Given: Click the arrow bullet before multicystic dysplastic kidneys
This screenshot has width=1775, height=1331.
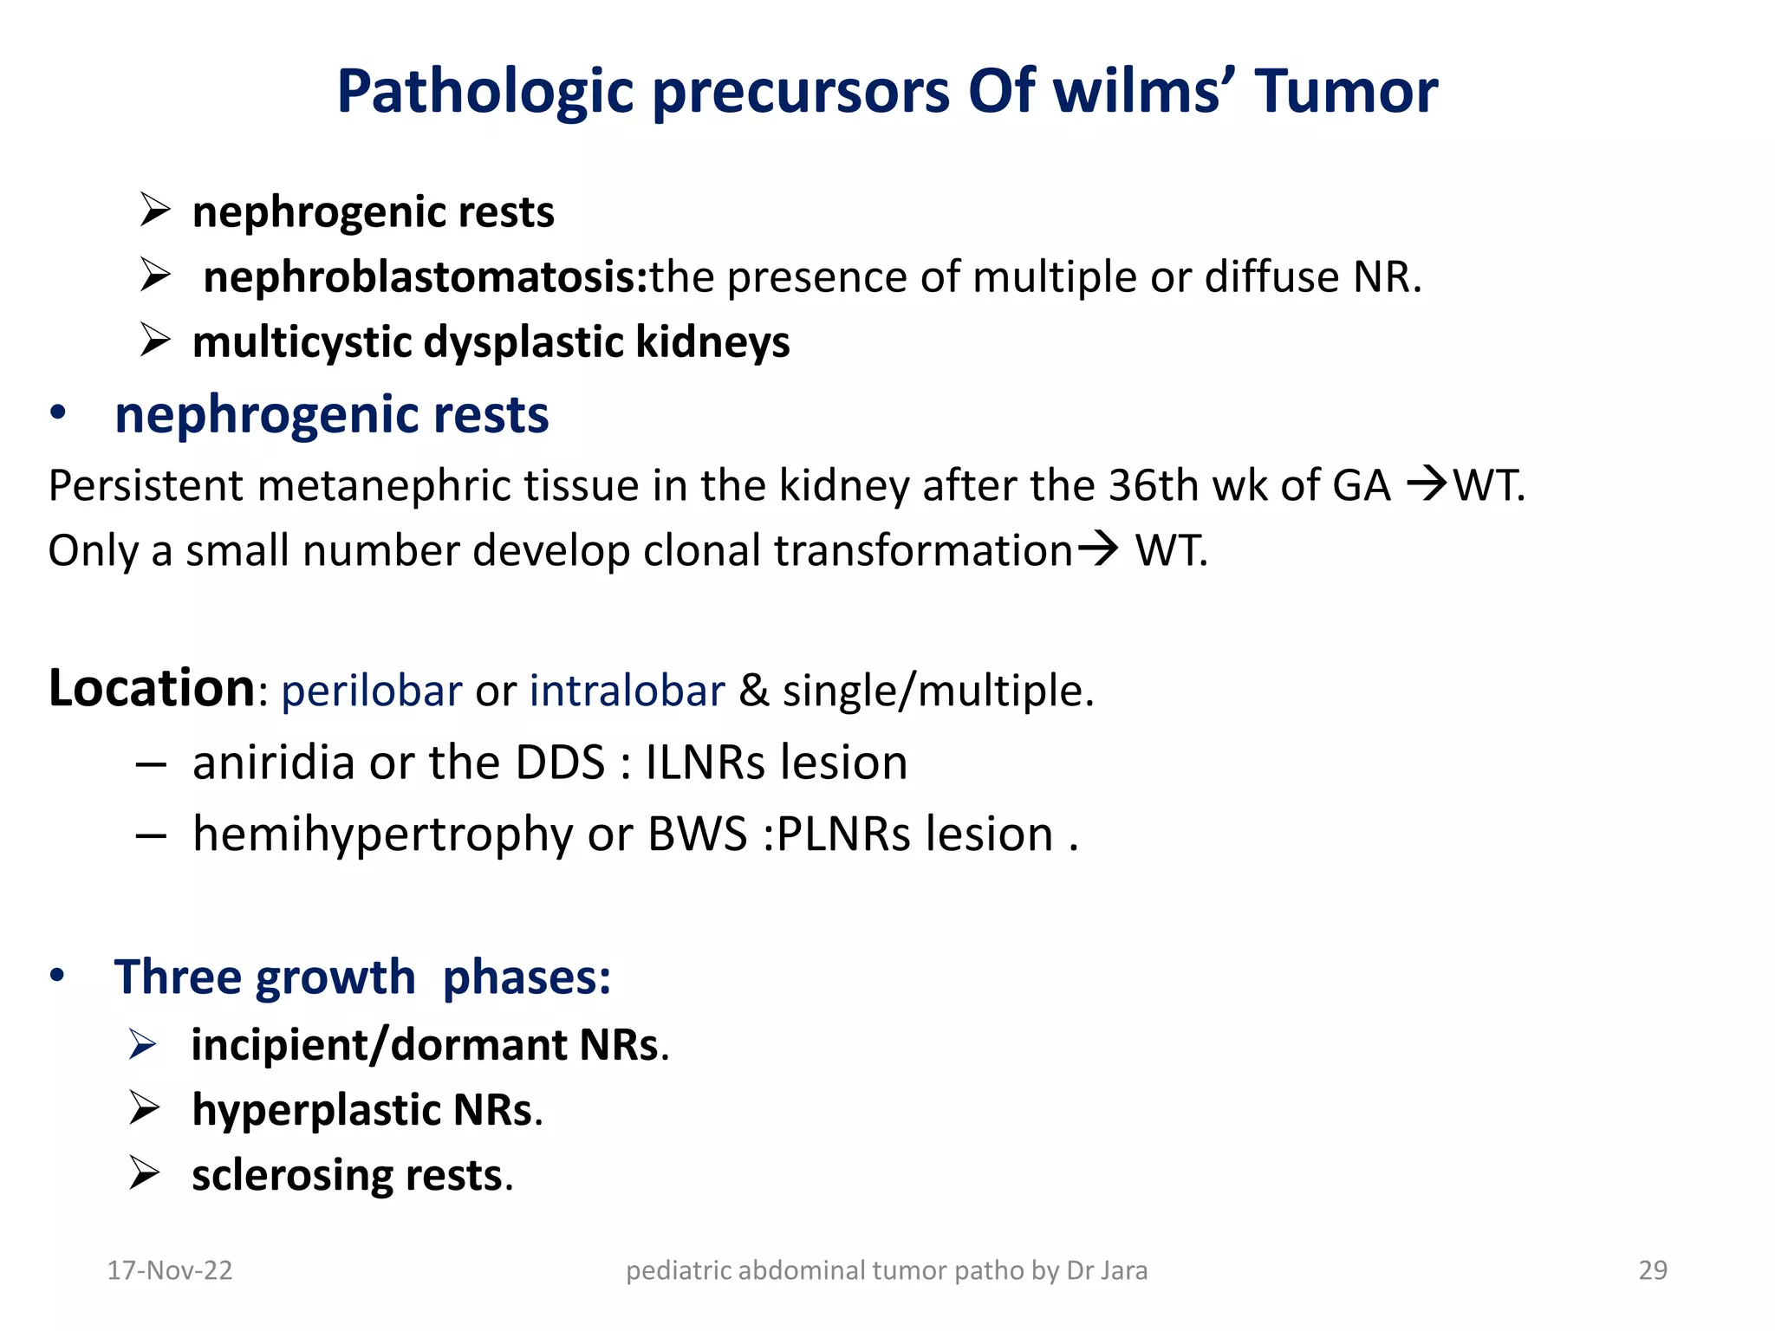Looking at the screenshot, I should point(155,341).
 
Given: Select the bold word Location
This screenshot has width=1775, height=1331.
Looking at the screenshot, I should point(151,689).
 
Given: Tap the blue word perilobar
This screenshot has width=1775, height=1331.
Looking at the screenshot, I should point(371,691).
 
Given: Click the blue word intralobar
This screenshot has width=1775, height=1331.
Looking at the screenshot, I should point(627,691).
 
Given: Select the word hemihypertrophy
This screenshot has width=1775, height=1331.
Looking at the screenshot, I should point(382,835).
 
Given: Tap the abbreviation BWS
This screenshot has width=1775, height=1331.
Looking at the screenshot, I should point(698,834).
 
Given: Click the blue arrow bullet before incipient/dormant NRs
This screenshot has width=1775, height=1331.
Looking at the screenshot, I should point(142,1044).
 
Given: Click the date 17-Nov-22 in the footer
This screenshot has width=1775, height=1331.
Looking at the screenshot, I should point(170,1270).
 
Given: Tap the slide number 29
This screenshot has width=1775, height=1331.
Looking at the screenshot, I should point(1652,1270).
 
